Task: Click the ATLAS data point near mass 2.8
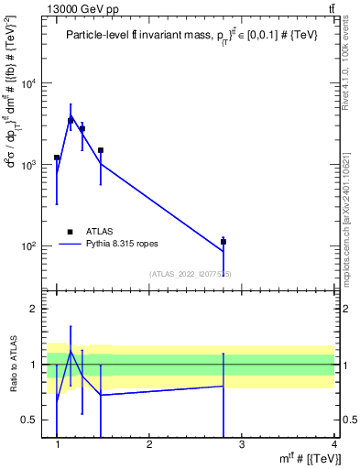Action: [223, 242]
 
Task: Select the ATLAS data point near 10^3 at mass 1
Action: [57, 158]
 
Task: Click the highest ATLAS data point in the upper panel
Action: [71, 120]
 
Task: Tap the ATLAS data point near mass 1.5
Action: [101, 150]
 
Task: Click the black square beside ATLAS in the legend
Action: [70, 232]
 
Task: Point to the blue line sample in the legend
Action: [71, 245]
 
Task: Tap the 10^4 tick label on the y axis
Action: [29, 84]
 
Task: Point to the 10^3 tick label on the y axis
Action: [29, 165]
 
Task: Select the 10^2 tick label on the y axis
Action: [29, 246]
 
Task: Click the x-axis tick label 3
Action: [242, 444]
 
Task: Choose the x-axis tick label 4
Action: [333, 444]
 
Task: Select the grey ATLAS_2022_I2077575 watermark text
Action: [191, 274]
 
